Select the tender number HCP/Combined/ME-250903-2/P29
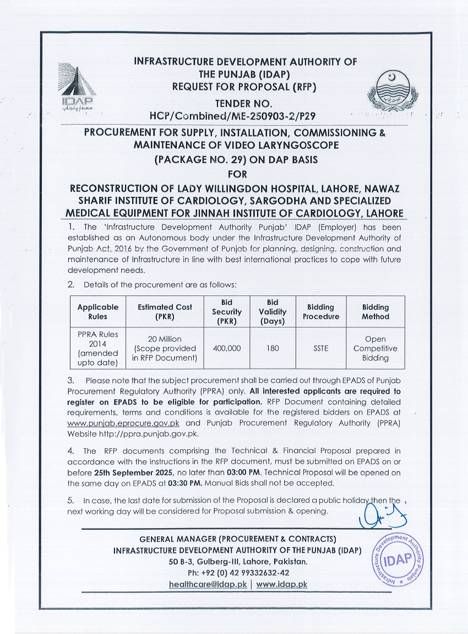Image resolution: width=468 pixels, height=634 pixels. (x=234, y=116)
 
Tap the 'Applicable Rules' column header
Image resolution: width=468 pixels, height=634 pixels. (x=97, y=312)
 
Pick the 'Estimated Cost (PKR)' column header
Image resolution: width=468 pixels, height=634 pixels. (x=165, y=312)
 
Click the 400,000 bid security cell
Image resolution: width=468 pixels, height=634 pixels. (x=226, y=348)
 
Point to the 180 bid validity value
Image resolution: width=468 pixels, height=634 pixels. (x=273, y=348)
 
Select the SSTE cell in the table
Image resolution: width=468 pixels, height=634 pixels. (x=320, y=348)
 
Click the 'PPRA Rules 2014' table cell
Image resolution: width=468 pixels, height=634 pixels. (x=97, y=348)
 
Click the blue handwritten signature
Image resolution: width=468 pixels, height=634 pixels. (x=380, y=515)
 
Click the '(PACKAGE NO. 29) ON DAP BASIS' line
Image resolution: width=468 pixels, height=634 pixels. (x=234, y=160)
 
